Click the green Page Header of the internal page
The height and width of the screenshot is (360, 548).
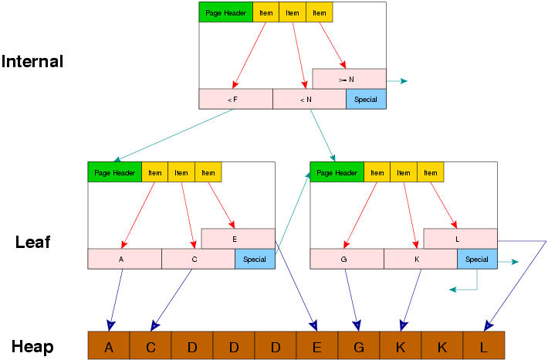225,13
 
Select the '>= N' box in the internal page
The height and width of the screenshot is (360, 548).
349,79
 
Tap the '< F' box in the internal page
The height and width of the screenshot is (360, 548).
235,99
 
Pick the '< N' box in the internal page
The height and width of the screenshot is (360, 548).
309,99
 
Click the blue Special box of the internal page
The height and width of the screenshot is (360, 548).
366,99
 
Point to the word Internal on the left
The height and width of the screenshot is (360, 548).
32,62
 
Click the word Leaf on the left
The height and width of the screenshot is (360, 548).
32,243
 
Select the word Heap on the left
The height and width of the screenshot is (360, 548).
32,347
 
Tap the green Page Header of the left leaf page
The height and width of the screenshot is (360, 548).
114,173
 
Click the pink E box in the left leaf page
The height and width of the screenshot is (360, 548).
238,239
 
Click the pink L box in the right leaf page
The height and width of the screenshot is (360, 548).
460,239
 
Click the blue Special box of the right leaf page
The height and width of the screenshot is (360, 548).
477,260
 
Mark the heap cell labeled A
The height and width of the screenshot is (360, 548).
109,347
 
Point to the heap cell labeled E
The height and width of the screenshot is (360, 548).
317,347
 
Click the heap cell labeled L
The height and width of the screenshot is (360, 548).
483,347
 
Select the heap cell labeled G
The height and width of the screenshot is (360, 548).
359,347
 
